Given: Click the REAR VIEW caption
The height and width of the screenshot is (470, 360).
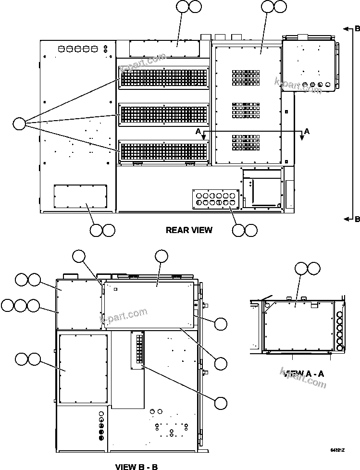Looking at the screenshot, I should [x=189, y=230].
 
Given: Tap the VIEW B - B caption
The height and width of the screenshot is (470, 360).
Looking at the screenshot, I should [x=137, y=466].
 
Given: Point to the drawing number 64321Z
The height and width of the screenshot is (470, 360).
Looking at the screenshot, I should [x=338, y=450].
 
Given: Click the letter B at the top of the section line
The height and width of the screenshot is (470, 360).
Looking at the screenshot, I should [x=357, y=28].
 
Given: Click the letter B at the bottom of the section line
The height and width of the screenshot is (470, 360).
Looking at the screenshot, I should [x=357, y=220].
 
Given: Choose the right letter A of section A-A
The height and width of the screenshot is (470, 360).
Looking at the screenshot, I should [x=307, y=131].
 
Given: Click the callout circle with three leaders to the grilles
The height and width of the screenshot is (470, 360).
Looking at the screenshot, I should [x=19, y=124].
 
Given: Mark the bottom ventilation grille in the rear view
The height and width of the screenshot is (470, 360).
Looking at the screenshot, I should [x=163, y=151].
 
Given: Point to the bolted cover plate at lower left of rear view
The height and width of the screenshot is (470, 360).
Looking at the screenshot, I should [x=77, y=196].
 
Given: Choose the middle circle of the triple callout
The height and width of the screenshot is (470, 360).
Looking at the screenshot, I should [x=20, y=305].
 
